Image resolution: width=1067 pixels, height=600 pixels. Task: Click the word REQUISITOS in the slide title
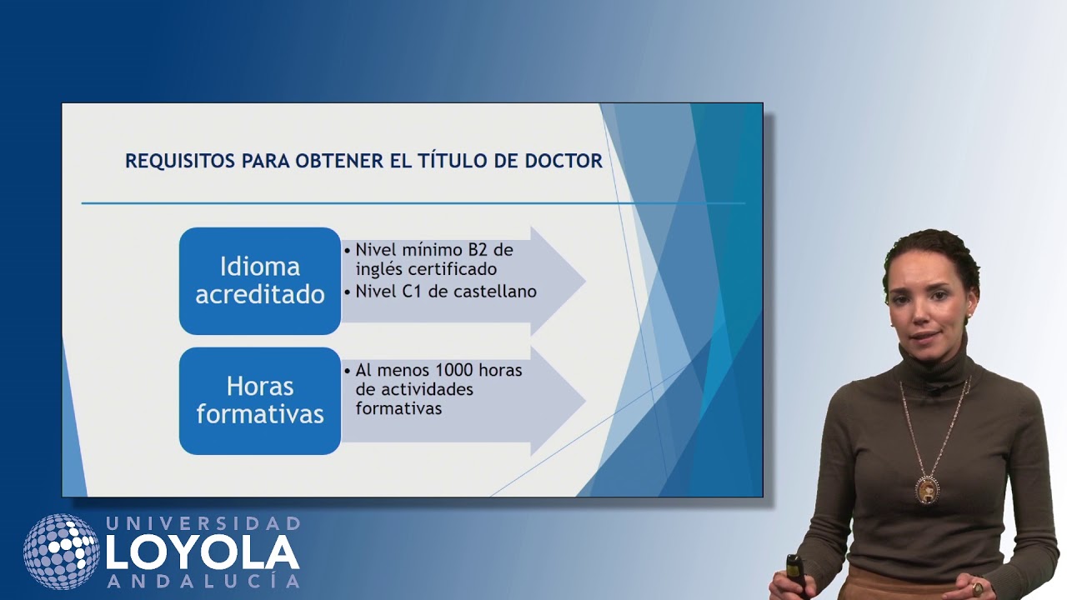[x=180, y=161]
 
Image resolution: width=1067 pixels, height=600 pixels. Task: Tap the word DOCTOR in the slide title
[x=564, y=161]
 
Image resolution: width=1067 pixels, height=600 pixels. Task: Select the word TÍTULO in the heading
[x=453, y=160]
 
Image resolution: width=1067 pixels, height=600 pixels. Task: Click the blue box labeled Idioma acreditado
[x=260, y=281]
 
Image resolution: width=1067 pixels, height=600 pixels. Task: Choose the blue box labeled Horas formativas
[x=260, y=401]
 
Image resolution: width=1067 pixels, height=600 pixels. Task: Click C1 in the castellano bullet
[x=412, y=292]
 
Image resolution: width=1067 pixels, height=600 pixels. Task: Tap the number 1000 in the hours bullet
[x=454, y=370]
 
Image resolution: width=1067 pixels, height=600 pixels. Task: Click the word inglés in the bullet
[x=380, y=269]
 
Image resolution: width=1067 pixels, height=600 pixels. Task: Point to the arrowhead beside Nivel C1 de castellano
[x=559, y=281]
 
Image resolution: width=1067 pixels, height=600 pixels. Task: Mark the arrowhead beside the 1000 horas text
[x=559, y=401]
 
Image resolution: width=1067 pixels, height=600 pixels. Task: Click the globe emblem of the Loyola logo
[x=62, y=552]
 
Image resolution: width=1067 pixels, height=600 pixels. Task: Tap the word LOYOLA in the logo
[x=203, y=552]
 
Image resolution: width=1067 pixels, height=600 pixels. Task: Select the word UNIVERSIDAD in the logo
[x=203, y=523]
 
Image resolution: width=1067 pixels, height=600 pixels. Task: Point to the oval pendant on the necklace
[x=926, y=490]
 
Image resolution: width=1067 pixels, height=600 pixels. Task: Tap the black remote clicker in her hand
[x=795, y=575]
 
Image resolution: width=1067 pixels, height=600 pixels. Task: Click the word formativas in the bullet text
[x=398, y=408]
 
